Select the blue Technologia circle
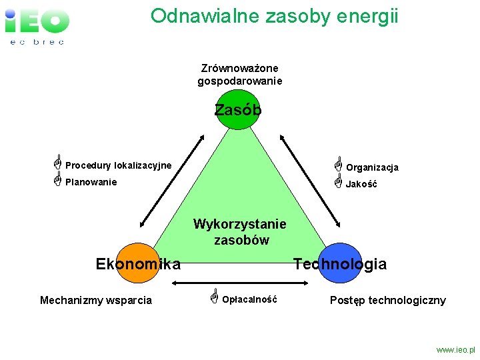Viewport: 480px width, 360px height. click(340, 263)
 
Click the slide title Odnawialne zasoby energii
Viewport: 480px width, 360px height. click(274, 15)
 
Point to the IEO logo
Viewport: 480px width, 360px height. click(37, 23)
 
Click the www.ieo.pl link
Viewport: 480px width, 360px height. click(456, 349)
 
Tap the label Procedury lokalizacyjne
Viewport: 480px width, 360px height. click(118, 165)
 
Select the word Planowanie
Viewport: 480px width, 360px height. click(91, 182)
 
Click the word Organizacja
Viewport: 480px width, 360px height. click(372, 167)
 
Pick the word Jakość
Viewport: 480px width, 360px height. click(361, 185)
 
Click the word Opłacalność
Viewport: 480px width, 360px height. click(249, 300)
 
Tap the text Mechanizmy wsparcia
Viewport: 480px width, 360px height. click(96, 300)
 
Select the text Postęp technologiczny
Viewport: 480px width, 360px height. click(388, 300)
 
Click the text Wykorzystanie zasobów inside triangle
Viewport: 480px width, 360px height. click(240, 232)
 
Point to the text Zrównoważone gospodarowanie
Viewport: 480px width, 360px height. click(240, 74)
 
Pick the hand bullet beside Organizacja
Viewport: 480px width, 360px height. click(338, 162)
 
